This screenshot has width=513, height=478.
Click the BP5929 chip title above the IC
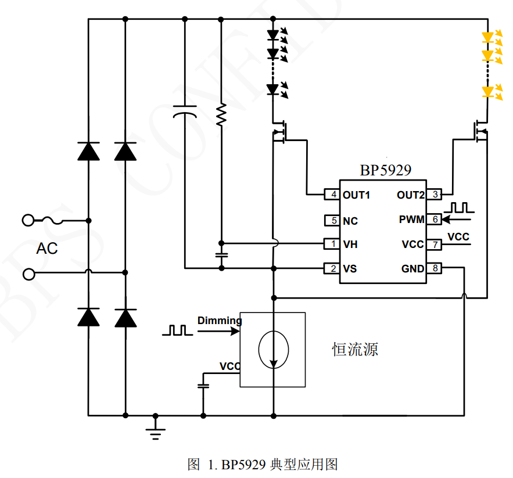coord(386,170)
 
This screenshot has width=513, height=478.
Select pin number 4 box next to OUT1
coord(332,195)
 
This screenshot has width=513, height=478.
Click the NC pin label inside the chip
coord(350,221)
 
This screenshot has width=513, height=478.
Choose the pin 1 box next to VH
coord(332,245)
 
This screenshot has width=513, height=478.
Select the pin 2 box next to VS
coord(332,268)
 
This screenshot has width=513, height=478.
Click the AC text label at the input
coord(47,249)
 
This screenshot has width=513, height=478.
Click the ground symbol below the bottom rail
coord(156,433)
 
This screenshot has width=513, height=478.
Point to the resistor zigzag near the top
coord(221,115)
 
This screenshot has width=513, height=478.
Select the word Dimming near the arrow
coord(219,321)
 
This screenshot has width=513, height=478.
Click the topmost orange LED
coord(487,37)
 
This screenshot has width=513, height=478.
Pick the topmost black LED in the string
coord(273,35)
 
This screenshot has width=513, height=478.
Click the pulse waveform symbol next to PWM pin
coord(459,207)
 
